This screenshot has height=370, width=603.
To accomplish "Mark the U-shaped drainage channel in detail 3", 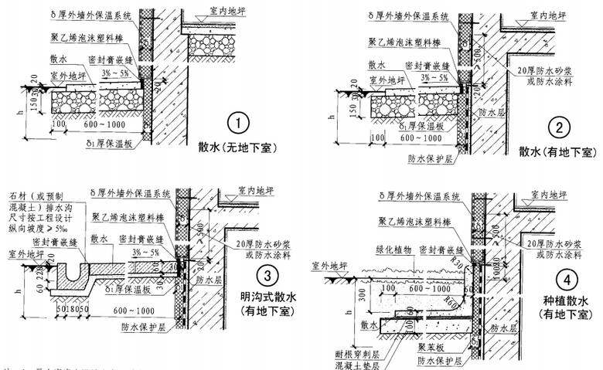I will pyautogui.click(x=58, y=272).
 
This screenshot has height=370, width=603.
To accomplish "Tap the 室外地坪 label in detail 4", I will pyautogui.click(x=327, y=266).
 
